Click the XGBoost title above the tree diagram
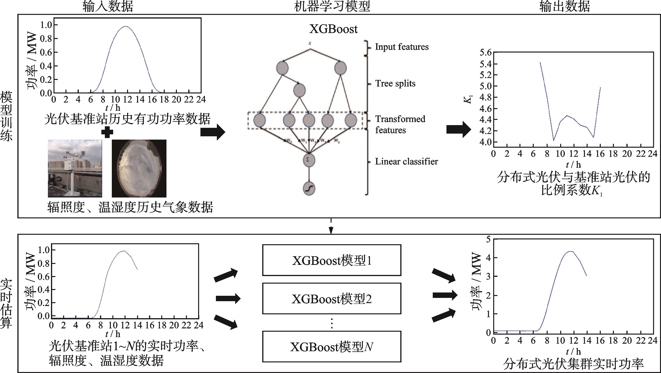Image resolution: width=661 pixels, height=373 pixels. pyautogui.click(x=333, y=29)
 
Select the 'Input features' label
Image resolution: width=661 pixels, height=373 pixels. pyautogui.click(x=402, y=47)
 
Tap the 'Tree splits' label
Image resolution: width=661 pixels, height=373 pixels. pyautogui.click(x=395, y=83)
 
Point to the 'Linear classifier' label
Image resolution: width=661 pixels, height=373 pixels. pyautogui.click(x=406, y=161)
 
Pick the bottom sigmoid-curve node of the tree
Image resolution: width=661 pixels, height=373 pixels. pyautogui.click(x=309, y=189)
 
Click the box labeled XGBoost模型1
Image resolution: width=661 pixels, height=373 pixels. pyautogui.click(x=332, y=260)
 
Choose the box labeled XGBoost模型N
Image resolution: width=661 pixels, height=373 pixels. pyautogui.click(x=332, y=347)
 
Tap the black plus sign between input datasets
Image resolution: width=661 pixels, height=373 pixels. pyautogui.click(x=107, y=132)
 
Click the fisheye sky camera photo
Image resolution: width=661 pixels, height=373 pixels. pyautogui.click(x=139, y=168)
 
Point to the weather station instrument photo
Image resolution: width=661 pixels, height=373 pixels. pyautogui.click(x=75, y=168)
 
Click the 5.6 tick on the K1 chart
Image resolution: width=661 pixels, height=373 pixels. pyautogui.click(x=485, y=53)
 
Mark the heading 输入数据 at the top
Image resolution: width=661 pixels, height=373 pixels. pyautogui.click(x=108, y=6)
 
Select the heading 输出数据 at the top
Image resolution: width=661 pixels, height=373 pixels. pyautogui.click(x=564, y=6)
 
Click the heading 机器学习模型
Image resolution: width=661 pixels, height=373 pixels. pyautogui.click(x=332, y=6)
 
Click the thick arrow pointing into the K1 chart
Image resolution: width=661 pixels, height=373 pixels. pyautogui.click(x=459, y=130)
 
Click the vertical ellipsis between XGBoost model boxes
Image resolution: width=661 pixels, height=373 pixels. pyautogui.click(x=332, y=323)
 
